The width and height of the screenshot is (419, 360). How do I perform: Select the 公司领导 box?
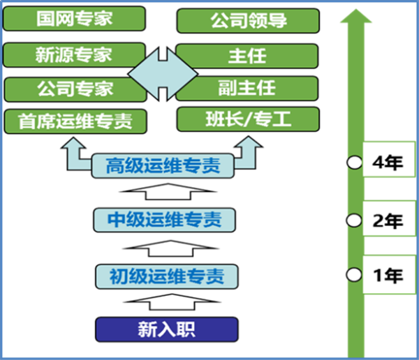pyautogui.click(x=247, y=20)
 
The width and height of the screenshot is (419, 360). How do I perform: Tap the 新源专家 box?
pyautogui.click(x=73, y=54)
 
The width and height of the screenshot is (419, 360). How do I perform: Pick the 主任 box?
pyautogui.click(x=247, y=54)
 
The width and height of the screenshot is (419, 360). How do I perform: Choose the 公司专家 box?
pyautogui.click(x=73, y=88)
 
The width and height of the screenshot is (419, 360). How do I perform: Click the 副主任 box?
pyautogui.click(x=247, y=88)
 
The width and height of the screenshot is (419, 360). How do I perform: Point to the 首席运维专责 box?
pyautogui.click(x=77, y=121)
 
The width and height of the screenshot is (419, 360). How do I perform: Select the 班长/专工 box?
pyautogui.click(x=247, y=120)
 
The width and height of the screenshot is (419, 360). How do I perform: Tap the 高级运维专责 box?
pyautogui.click(x=163, y=166)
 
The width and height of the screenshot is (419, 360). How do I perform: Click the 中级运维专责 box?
pyautogui.click(x=165, y=220)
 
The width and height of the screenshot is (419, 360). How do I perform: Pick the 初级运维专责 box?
pyautogui.click(x=166, y=276)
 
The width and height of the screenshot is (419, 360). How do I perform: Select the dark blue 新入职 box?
pyautogui.click(x=166, y=328)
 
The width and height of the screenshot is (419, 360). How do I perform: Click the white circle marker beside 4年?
pyautogui.click(x=354, y=164)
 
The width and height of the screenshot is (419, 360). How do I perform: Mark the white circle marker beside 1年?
pyautogui.click(x=354, y=274)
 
